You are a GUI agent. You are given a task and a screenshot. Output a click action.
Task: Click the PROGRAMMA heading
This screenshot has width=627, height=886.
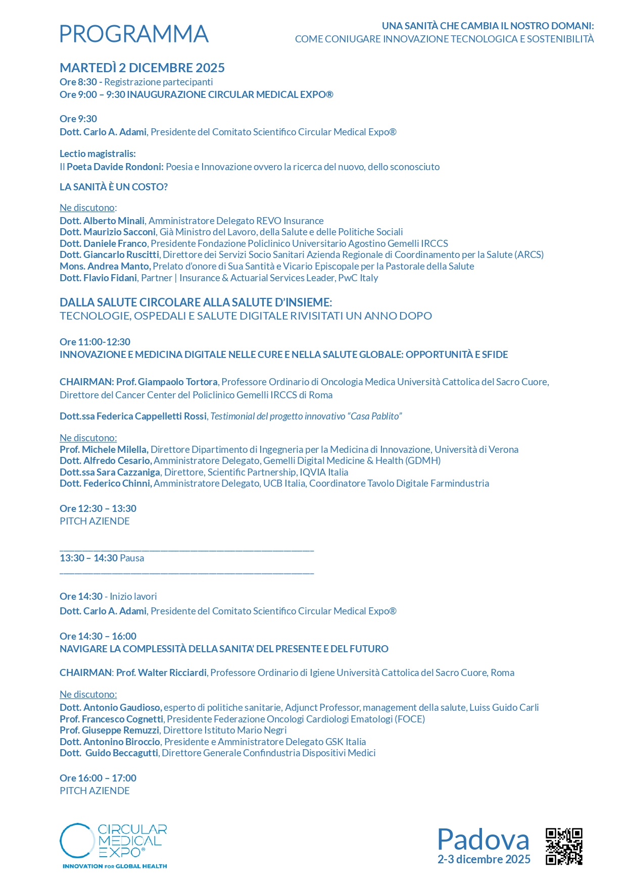[134, 34]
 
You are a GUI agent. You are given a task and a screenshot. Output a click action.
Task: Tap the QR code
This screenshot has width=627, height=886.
[564, 847]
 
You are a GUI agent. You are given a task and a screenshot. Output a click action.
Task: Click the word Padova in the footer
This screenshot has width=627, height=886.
[483, 840]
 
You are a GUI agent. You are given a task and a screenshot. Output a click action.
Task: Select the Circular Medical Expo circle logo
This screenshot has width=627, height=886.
[77, 841]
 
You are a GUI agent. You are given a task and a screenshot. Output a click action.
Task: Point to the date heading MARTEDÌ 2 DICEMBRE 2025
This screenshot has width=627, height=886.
[142, 68]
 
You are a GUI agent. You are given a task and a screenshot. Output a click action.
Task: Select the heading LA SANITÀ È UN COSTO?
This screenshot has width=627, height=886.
[114, 187]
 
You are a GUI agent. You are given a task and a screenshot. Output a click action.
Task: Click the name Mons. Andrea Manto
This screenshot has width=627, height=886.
[105, 266]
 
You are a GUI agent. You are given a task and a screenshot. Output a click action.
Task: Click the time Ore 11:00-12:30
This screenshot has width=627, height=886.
[95, 342]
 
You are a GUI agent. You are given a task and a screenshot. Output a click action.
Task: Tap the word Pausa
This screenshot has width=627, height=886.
[132, 558]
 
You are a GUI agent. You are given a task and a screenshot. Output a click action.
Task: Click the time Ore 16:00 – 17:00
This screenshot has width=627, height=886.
[98, 778]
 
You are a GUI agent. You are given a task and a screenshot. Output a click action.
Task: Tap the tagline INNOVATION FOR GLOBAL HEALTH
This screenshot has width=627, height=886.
[115, 866]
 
